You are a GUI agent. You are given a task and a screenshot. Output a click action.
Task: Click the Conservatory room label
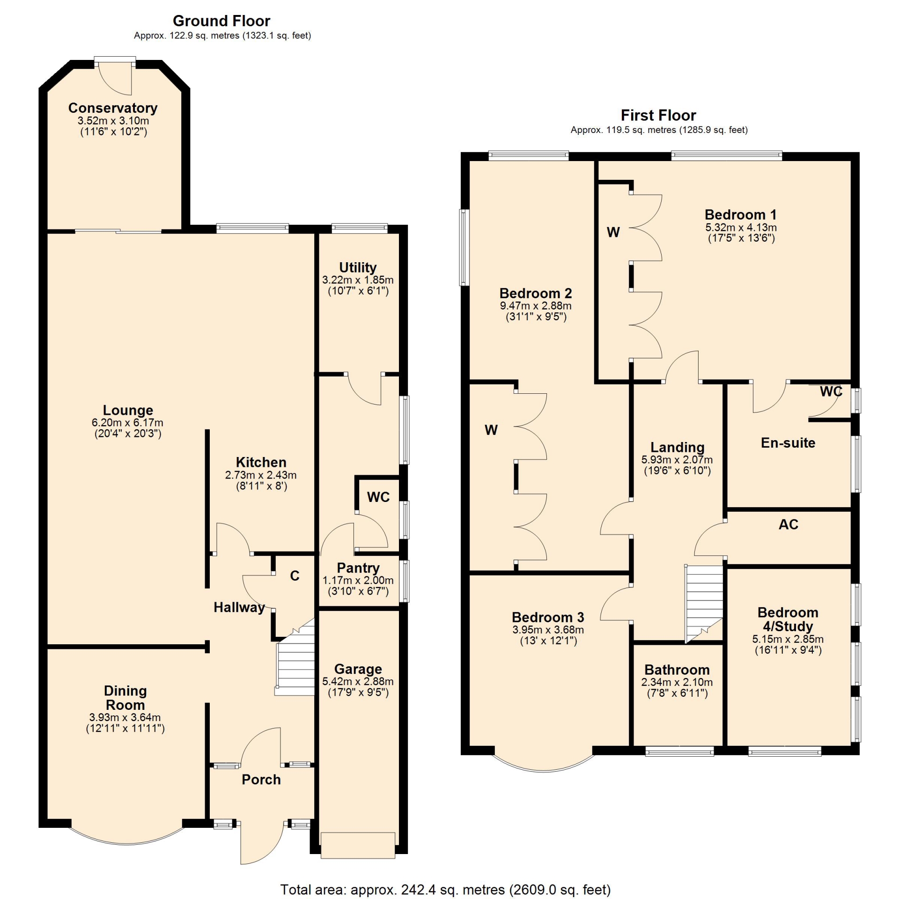click(x=113, y=108)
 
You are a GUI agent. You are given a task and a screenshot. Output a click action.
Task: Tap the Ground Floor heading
click(x=221, y=21)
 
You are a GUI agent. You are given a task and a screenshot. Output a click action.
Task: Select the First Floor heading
click(x=658, y=115)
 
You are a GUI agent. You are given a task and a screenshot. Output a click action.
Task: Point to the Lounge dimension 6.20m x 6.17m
click(x=127, y=422)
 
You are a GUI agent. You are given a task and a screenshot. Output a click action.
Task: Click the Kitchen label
click(x=261, y=462)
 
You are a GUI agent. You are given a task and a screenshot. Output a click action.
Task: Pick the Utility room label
click(x=358, y=267)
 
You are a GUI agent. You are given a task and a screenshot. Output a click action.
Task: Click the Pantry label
click(x=358, y=568)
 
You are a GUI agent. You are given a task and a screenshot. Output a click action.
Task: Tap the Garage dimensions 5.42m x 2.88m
click(x=358, y=681)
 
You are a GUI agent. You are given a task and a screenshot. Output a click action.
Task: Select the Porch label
click(x=261, y=780)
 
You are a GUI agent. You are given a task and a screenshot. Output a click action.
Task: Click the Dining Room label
click(x=125, y=698)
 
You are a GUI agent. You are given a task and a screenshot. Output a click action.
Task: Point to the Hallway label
click(x=239, y=607)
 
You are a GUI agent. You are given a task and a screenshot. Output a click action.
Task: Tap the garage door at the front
click(x=358, y=845)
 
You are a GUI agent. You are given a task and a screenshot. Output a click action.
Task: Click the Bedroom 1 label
click(x=741, y=215)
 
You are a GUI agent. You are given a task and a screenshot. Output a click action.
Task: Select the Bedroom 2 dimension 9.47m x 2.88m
click(x=536, y=306)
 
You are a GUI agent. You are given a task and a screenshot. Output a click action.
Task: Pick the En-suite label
click(x=788, y=443)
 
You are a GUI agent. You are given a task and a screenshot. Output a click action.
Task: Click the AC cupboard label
click(x=788, y=524)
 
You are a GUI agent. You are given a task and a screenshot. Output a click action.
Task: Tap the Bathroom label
click(x=677, y=670)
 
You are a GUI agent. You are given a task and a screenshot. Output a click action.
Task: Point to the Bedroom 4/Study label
click(x=788, y=619)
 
